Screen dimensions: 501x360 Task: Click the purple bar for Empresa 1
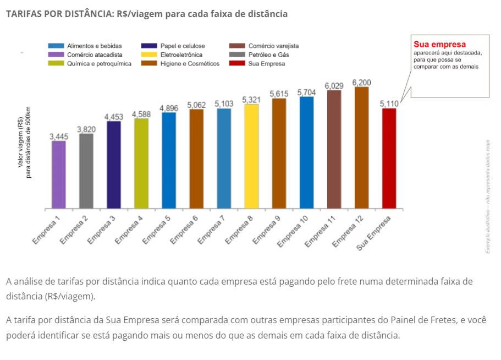pos(59,174)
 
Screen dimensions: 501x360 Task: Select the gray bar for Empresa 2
pos(86,171)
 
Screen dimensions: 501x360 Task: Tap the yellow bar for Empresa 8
pos(251,156)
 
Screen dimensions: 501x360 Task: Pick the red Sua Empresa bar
pos(389,159)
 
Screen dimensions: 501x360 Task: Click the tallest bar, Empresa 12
pos(362,148)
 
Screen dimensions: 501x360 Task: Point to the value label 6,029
pos(334,86)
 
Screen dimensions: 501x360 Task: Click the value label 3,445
pos(59,137)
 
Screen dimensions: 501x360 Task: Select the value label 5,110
pos(389,104)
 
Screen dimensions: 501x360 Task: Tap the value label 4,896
pos(169,108)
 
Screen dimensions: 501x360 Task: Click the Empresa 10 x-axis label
pos(293,231)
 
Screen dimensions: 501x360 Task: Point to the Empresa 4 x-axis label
pos(129,230)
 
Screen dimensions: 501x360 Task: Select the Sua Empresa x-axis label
pos(373,233)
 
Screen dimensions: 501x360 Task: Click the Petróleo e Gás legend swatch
pos(237,54)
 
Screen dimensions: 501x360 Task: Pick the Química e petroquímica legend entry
pos(90,64)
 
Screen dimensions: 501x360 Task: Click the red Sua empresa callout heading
pos(439,44)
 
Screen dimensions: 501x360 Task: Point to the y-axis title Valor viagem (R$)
pos(20,142)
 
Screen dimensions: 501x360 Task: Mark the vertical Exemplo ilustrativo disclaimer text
pos(488,197)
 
